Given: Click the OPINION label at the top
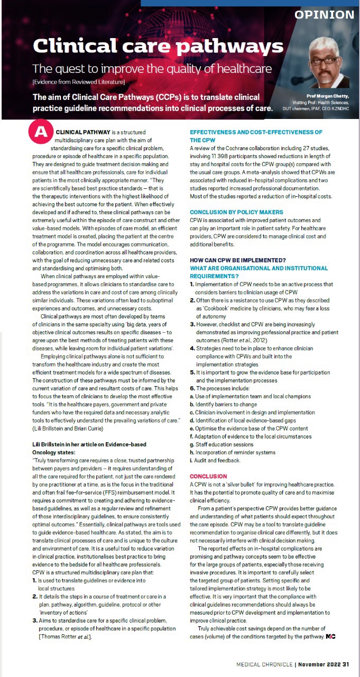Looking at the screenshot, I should [x=324, y=15].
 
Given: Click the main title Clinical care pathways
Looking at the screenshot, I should [x=158, y=46].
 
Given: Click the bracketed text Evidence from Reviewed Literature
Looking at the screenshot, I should [x=79, y=82].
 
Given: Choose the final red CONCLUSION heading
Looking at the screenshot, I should [x=208, y=476].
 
